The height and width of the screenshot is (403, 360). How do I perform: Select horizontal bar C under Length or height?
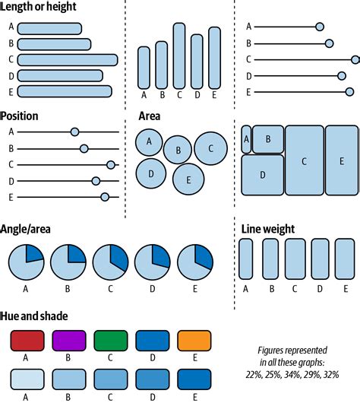pyautogui.click(x=67, y=59)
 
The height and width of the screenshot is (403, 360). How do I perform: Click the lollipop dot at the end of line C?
pyautogui.click(x=355, y=59)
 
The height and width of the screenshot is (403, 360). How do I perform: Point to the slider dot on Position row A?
pyautogui.click(x=74, y=132)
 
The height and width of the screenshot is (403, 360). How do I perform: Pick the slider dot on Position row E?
pyautogui.click(x=105, y=197)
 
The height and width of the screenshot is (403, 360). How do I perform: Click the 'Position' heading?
pyautogui.click(x=20, y=116)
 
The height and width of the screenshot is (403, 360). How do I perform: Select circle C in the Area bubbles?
pyautogui.click(x=210, y=148)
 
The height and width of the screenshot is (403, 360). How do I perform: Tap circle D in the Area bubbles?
pyautogui.click(x=151, y=173)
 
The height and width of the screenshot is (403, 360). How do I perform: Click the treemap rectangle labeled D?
pyautogui.click(x=262, y=175)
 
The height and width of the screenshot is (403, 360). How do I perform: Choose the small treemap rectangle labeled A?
pyautogui.click(x=246, y=139)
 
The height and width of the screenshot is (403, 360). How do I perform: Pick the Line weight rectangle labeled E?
pyautogui.click(x=345, y=259)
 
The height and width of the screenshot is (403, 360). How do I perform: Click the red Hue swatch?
pyautogui.click(x=26, y=340)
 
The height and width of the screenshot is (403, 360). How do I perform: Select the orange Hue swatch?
pyautogui.click(x=194, y=340)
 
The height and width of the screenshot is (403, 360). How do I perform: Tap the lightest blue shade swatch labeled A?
pyautogui.click(x=26, y=378)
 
